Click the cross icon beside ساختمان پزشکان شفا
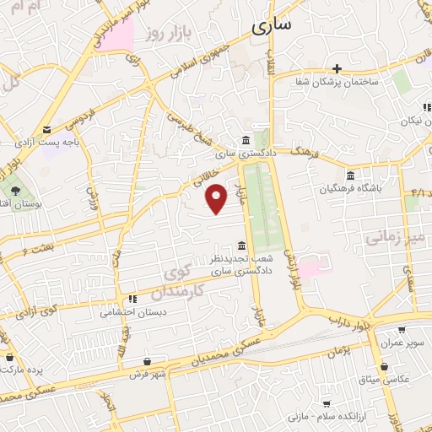(x=337, y=68)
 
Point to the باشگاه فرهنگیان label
(x=351, y=187)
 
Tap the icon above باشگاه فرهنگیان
(x=350, y=175)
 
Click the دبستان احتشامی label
(x=132, y=311)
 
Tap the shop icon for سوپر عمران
(x=402, y=330)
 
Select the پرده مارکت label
(x=23, y=369)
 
